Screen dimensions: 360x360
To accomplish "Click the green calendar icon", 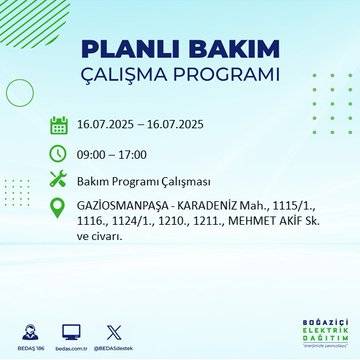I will (x=59, y=126).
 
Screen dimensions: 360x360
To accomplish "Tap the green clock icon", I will (x=59, y=154).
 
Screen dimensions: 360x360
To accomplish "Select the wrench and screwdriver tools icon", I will (x=59, y=182).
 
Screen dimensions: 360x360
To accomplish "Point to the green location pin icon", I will (x=59, y=209).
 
